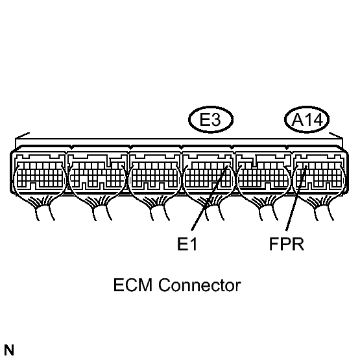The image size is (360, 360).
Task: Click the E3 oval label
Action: tap(211, 119)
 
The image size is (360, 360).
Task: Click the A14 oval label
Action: tap(307, 119)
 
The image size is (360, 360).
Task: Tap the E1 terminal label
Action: tap(187, 244)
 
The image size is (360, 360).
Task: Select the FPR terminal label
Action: tap(287, 244)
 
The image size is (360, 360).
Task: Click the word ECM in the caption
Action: tap(133, 285)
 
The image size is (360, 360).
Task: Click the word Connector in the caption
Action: tap(200, 285)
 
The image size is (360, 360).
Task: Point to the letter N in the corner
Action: tap(8, 350)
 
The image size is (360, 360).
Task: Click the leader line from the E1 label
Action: tap(210, 198)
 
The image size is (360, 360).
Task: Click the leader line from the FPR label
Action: tap(296, 198)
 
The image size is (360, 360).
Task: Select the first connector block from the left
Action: tap(40, 173)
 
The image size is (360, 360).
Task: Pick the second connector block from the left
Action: tap(97, 173)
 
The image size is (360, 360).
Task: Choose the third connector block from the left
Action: tap(154, 173)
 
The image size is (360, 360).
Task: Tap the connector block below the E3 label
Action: tap(208, 173)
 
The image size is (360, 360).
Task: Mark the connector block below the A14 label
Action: tap(319, 173)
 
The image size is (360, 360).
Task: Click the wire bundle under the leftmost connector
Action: tap(42, 208)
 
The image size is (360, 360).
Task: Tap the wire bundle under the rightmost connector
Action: tap(322, 208)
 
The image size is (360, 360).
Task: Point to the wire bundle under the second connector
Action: tap(100, 208)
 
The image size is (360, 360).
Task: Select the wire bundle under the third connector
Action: tap(157, 208)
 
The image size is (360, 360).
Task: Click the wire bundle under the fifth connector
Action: tap(267, 208)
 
